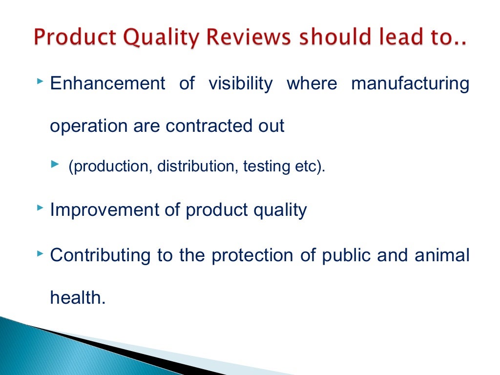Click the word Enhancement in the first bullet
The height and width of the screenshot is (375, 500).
(x=107, y=83)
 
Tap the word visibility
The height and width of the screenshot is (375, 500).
(x=240, y=83)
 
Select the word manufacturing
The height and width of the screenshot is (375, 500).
(x=410, y=83)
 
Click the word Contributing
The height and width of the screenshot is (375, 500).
(x=100, y=254)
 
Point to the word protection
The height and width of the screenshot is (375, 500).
(x=253, y=254)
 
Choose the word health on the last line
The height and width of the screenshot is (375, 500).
(x=78, y=297)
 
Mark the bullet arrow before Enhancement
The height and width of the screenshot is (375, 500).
(x=40, y=79)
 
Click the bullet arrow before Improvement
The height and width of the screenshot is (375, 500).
(x=40, y=208)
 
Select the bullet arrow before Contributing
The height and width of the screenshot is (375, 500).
(x=40, y=251)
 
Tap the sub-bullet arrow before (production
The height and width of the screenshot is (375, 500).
(x=54, y=166)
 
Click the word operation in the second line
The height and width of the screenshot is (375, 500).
(x=88, y=126)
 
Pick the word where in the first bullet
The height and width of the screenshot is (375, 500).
(x=312, y=83)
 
